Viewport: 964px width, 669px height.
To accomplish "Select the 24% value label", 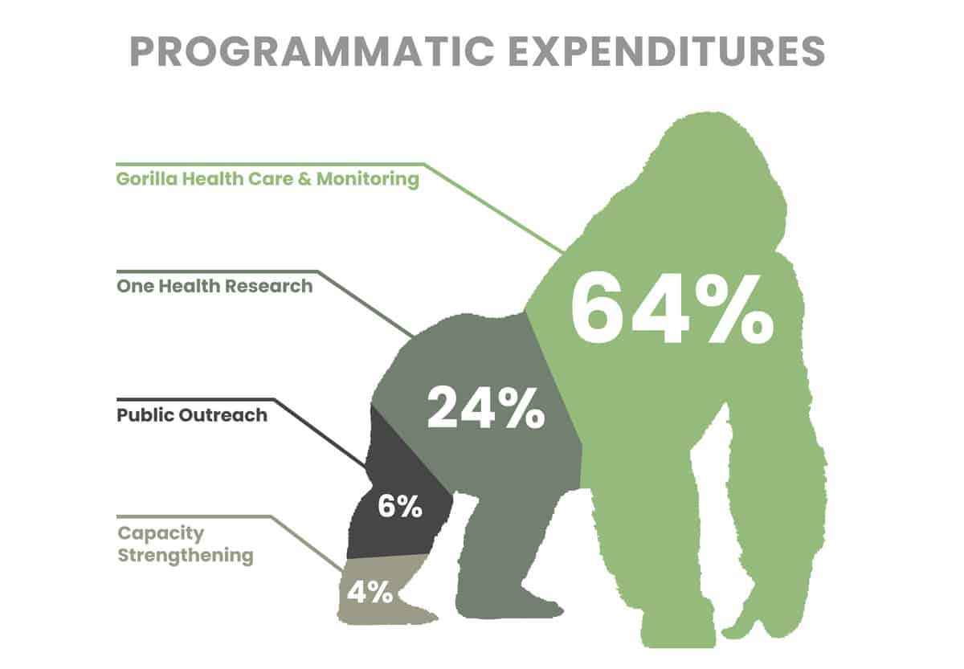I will pos(485,407).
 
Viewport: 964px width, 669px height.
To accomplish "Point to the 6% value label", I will pos(399,508).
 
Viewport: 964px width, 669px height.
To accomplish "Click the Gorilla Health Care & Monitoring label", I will pos(268,178).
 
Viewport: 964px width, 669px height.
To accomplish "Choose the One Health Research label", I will pos(214,285).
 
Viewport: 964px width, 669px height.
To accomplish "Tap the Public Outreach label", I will pos(192,415).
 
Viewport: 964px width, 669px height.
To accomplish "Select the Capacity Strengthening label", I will pos(186,544).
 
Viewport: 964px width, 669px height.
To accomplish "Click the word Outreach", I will pos(229,415).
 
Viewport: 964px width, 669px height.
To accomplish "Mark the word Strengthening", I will pos(186,555).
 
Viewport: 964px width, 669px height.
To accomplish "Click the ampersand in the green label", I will pos(302,178).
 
